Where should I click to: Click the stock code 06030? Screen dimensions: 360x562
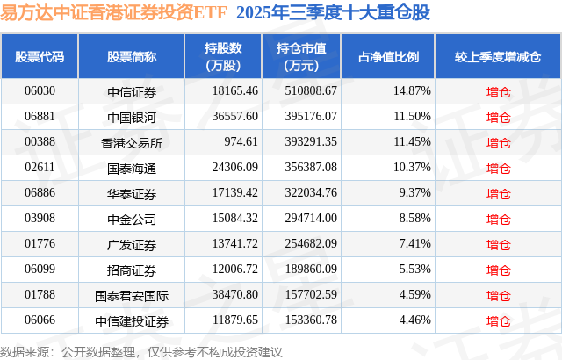(x=40, y=90)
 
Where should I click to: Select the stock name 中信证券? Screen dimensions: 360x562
(x=132, y=90)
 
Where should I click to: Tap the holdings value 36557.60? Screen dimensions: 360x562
(x=228, y=116)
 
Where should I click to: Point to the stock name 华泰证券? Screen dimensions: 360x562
(x=132, y=192)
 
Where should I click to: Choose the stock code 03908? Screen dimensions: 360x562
(x=40, y=218)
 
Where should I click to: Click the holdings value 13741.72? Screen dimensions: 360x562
(x=228, y=243)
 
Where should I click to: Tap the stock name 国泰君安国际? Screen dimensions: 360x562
(x=132, y=294)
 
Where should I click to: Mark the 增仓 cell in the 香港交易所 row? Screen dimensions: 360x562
(x=498, y=141)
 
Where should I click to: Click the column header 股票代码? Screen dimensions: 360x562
(x=40, y=57)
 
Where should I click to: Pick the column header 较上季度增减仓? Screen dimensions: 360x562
(x=498, y=57)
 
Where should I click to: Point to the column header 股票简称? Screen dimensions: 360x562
(x=132, y=57)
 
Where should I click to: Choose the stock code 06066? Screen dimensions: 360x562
(x=40, y=320)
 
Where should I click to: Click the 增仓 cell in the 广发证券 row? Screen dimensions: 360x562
(x=498, y=243)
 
